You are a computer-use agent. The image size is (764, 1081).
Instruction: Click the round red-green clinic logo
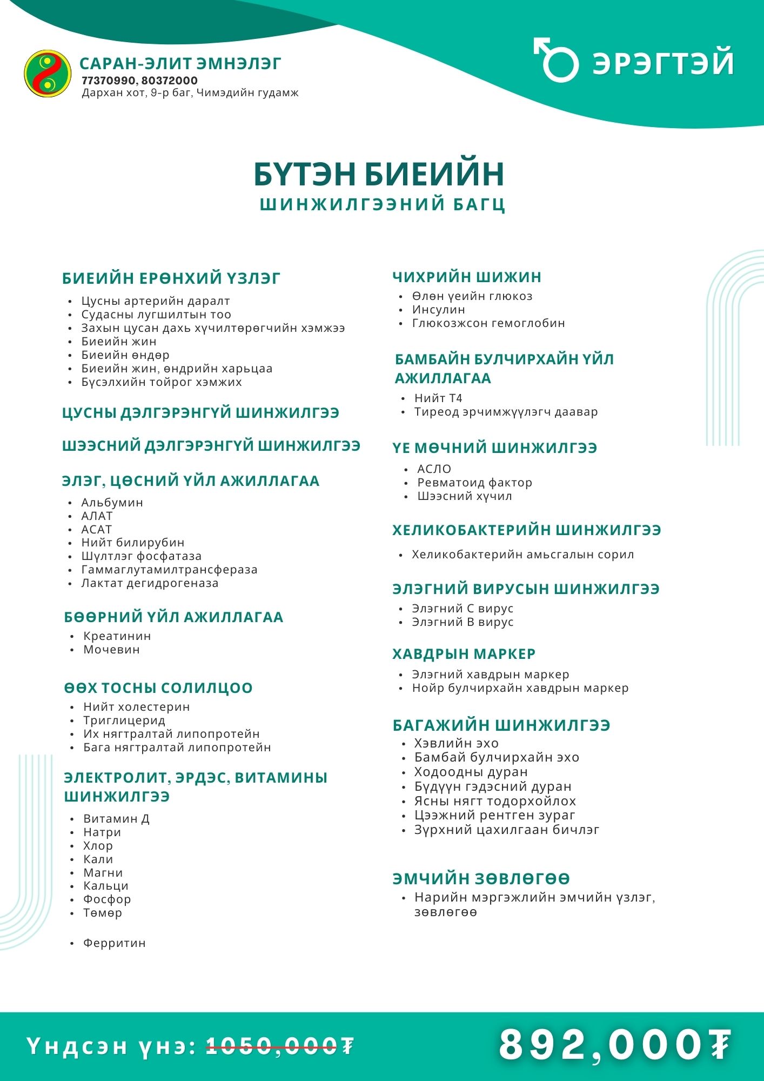(48, 74)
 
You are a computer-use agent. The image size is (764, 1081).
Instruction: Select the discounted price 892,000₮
(615, 1044)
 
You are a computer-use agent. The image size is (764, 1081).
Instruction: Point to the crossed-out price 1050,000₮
(280, 1046)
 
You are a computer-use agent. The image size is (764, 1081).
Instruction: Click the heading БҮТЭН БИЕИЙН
(379, 174)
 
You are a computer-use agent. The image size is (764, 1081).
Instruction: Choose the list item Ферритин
(114, 943)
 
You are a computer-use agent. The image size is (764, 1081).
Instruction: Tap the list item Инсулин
(438, 310)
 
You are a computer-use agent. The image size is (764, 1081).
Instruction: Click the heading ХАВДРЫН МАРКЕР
(464, 654)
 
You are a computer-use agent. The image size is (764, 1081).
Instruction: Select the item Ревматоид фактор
(474, 483)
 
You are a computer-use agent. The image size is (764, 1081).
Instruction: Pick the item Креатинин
(117, 636)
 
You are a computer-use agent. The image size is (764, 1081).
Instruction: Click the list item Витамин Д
(116, 819)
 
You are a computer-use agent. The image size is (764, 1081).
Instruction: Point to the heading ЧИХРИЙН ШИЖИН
(467, 277)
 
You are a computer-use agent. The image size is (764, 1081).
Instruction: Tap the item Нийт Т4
(438, 398)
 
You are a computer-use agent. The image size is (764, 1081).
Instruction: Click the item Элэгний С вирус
(463, 609)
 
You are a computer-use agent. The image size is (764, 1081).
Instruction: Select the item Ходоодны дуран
(471, 772)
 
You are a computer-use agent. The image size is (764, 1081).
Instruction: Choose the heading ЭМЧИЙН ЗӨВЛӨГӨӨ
(481, 879)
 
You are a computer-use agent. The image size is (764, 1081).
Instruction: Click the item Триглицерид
(124, 720)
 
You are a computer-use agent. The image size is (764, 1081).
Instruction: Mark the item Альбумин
(112, 503)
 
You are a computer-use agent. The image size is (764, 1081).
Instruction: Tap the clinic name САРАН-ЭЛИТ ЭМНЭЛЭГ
(180, 64)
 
